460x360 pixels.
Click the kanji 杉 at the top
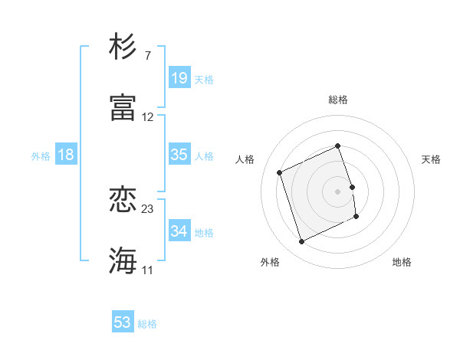click(123, 47)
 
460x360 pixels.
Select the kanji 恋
click(123, 200)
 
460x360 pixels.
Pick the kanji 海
click(123, 260)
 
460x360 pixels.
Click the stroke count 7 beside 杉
click(147, 57)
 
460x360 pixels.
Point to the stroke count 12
click(148, 117)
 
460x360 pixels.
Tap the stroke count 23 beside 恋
click(148, 209)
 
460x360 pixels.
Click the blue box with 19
click(179, 77)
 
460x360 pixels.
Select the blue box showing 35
click(179, 155)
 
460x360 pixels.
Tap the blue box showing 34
click(179, 231)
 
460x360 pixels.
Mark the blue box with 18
click(66, 155)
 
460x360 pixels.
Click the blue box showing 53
click(123, 322)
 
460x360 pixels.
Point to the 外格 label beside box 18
click(41, 156)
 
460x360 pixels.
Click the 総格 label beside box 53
click(147, 324)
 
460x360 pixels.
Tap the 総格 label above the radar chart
click(338, 100)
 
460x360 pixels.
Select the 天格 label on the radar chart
click(432, 159)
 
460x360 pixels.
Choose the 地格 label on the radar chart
click(402, 262)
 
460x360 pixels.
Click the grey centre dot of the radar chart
click(338, 191)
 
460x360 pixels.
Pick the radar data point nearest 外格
click(301, 242)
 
